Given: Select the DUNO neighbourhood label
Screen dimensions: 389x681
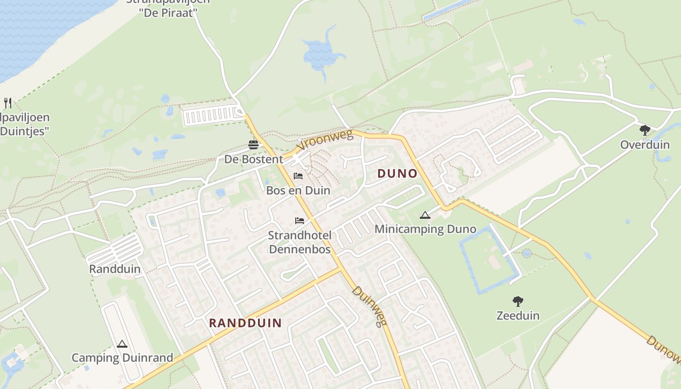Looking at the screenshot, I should point(397,174).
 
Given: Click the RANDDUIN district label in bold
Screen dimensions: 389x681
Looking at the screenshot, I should point(245,323).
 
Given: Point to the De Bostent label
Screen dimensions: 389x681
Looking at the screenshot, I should point(253,159).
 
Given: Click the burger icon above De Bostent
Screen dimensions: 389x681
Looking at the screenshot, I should point(253,144).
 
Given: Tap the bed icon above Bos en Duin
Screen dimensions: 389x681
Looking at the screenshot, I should point(298,176).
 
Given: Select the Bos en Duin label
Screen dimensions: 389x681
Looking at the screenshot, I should point(298,191).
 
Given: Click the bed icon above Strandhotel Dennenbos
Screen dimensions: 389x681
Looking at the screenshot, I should point(300,221).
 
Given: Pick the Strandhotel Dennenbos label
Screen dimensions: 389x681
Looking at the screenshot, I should point(300,242).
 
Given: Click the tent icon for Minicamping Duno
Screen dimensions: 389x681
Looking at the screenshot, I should point(425,215).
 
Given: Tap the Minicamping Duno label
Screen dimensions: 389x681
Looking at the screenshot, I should point(425,229).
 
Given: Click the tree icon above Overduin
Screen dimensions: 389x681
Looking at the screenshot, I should point(645,130).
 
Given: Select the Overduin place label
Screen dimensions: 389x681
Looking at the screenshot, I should point(645,145).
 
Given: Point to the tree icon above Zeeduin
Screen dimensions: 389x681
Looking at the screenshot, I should point(518,301).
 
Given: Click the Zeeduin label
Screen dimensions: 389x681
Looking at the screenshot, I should point(518,316).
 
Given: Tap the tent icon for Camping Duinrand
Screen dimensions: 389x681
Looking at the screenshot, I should point(122,344).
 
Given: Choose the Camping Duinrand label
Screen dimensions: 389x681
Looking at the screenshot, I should point(122,358).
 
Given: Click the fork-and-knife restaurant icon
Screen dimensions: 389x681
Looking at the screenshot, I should point(7,103).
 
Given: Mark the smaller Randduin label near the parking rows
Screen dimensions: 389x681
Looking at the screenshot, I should point(115,269).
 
